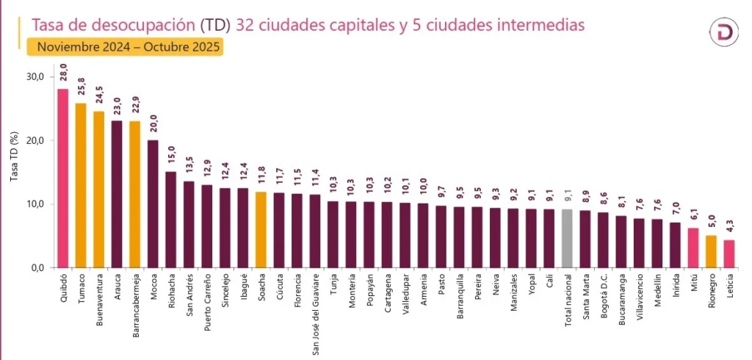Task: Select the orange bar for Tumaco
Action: [81, 185]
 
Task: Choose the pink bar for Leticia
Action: [728, 253]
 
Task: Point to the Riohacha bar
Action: [170, 219]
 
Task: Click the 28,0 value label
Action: [64, 76]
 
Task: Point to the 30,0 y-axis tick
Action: [35, 76]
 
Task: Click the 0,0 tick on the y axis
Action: [37, 267]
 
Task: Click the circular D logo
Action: [724, 32]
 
